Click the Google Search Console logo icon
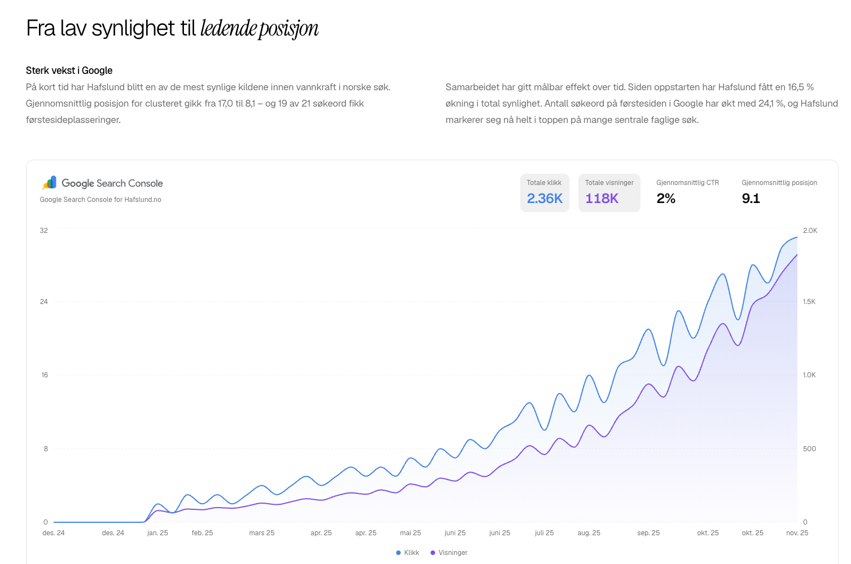point(50,183)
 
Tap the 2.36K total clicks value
point(545,199)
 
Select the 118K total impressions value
point(602,199)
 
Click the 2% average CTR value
point(665,199)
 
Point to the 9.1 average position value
point(751,199)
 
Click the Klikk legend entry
point(407,553)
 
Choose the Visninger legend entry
point(449,553)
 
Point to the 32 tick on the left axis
point(43,231)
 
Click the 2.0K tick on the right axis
point(810,231)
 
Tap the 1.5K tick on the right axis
point(809,302)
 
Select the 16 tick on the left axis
point(45,375)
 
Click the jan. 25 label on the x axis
point(157,533)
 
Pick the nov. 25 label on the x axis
point(797,533)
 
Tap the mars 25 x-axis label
point(261,533)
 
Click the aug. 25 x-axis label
point(589,533)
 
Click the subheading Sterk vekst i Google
point(69,70)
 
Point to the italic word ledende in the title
point(229,29)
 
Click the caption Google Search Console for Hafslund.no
point(100,200)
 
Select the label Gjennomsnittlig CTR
point(688,183)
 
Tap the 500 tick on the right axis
point(809,448)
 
